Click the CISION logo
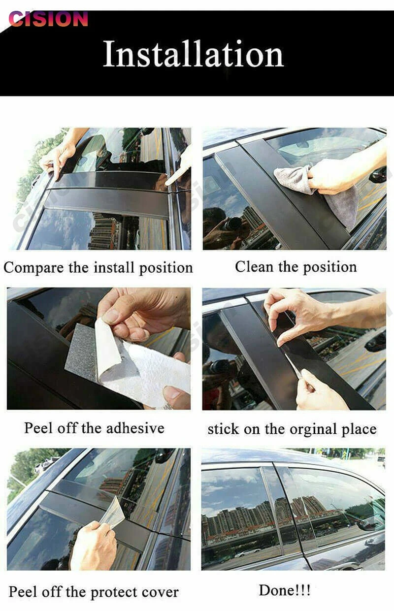pos(48,19)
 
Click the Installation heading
pos(194,54)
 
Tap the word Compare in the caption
pos(34,268)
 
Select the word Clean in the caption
pos(254,266)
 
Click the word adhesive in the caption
pos(135,428)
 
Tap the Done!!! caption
pos(285,590)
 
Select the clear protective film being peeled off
pos(112,513)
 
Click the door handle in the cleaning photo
pos(378,175)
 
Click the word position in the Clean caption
pos(330,267)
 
